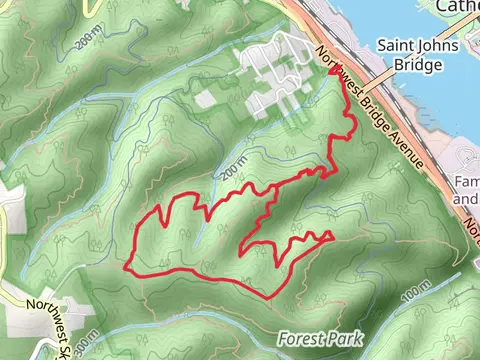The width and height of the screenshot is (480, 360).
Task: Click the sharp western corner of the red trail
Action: pos(127,267)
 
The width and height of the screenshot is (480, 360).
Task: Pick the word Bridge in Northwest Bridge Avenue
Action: pos(372,103)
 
